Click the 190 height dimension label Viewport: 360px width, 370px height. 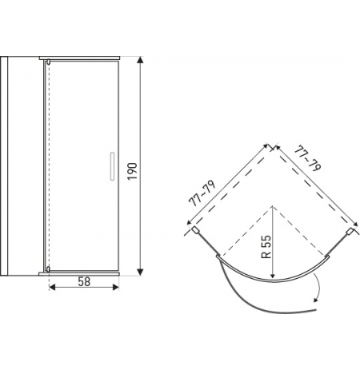pyautogui.click(x=132, y=171)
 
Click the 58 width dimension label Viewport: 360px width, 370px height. pyautogui.click(x=84, y=281)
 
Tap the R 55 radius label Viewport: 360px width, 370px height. pyautogui.click(x=266, y=247)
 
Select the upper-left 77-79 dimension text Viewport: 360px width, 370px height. pyautogui.click(x=202, y=193)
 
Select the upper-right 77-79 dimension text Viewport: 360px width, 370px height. pyautogui.click(x=307, y=158)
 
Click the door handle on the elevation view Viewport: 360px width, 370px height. pyautogui.click(x=112, y=166)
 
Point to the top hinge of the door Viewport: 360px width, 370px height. pyautogui.click(x=48, y=62)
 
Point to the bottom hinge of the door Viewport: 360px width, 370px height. pyautogui.click(x=48, y=269)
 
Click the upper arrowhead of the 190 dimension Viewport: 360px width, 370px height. pyautogui.click(x=140, y=60)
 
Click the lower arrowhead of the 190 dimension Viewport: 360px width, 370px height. pyautogui.click(x=140, y=272)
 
